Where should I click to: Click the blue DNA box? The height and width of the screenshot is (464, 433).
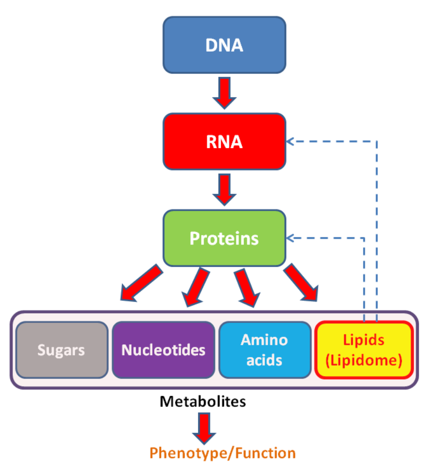pyautogui.click(x=224, y=45)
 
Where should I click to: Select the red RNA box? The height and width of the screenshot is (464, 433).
pyautogui.click(x=224, y=142)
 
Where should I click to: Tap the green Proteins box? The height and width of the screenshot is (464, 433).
pyautogui.click(x=224, y=238)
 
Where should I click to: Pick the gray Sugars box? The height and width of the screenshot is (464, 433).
pyautogui.click(x=62, y=350)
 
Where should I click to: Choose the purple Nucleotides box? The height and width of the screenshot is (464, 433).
pyautogui.click(x=163, y=350)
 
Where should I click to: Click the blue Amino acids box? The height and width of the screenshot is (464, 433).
pyautogui.click(x=265, y=350)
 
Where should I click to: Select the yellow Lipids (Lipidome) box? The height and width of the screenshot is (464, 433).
pyautogui.click(x=364, y=350)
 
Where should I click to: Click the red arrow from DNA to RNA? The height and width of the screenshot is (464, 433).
pyautogui.click(x=224, y=93)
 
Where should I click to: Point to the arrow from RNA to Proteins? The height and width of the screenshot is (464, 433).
pyautogui.click(x=224, y=190)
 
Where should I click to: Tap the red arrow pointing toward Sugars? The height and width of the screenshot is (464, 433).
pyautogui.click(x=141, y=283)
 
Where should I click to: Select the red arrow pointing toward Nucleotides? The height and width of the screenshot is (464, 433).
pyautogui.click(x=196, y=287)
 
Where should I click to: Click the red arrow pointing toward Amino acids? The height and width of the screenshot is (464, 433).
pyautogui.click(x=247, y=288)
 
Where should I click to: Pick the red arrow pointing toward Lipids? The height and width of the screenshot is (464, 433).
pyautogui.click(x=301, y=283)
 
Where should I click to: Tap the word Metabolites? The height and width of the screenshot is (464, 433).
pyautogui.click(x=203, y=401)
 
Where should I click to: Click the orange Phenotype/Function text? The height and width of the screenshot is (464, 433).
pyautogui.click(x=222, y=453)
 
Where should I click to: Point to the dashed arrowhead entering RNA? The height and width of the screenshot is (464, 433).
pyautogui.click(x=290, y=142)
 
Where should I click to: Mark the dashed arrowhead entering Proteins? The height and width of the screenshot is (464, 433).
pyautogui.click(x=290, y=238)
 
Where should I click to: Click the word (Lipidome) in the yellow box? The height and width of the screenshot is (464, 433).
pyautogui.click(x=364, y=361)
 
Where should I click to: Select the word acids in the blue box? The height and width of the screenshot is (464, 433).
pyautogui.click(x=264, y=360)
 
